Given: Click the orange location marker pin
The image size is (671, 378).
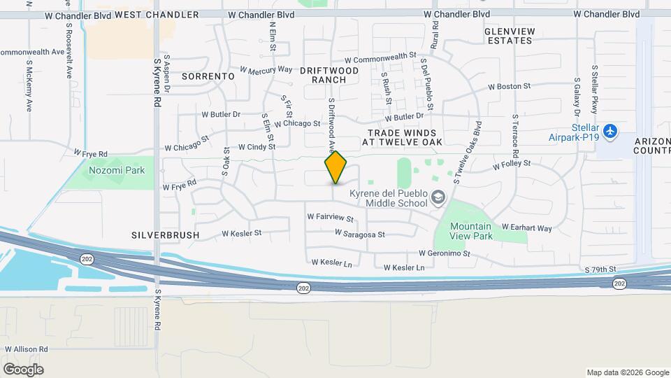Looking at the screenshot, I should [336, 168].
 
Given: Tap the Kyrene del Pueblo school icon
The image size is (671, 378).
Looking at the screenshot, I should [438, 197].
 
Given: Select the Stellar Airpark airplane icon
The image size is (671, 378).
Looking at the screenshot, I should [611, 131].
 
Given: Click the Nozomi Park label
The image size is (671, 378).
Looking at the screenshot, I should [107, 170].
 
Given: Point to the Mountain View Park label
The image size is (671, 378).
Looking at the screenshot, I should [470, 231].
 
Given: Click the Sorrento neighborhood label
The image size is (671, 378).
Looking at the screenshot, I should [208, 76].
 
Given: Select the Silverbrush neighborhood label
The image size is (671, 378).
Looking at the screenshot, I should [165, 235].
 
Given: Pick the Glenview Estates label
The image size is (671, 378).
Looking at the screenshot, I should [508, 36].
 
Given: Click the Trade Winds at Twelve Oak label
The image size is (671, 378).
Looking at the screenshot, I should [402, 137].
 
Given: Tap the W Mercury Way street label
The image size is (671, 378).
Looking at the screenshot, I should [266, 69].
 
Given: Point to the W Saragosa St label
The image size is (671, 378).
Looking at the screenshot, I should [359, 233].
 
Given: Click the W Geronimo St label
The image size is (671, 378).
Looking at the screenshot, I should [445, 253].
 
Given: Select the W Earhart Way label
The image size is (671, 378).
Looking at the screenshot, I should [527, 228].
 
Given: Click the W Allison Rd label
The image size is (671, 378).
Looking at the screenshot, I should [26, 349].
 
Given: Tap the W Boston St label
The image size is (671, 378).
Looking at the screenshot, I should [510, 87].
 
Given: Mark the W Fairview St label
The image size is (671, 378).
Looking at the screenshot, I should [331, 218].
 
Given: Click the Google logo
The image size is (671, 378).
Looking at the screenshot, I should [23, 370].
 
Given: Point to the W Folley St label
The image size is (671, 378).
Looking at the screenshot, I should [512, 165].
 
